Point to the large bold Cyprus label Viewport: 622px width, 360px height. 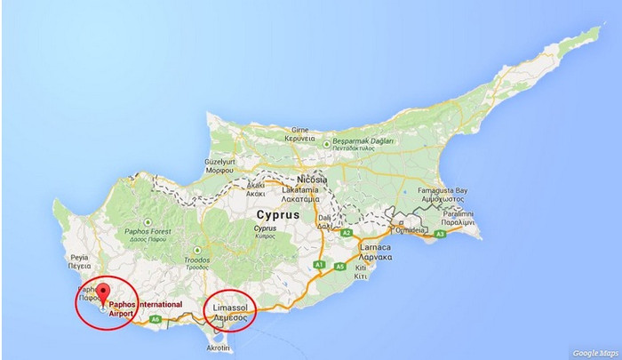coord(277,215)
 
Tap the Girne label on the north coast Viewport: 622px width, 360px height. coord(299,131)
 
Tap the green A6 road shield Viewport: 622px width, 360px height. coord(156,318)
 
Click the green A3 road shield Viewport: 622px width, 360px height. coord(439,233)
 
